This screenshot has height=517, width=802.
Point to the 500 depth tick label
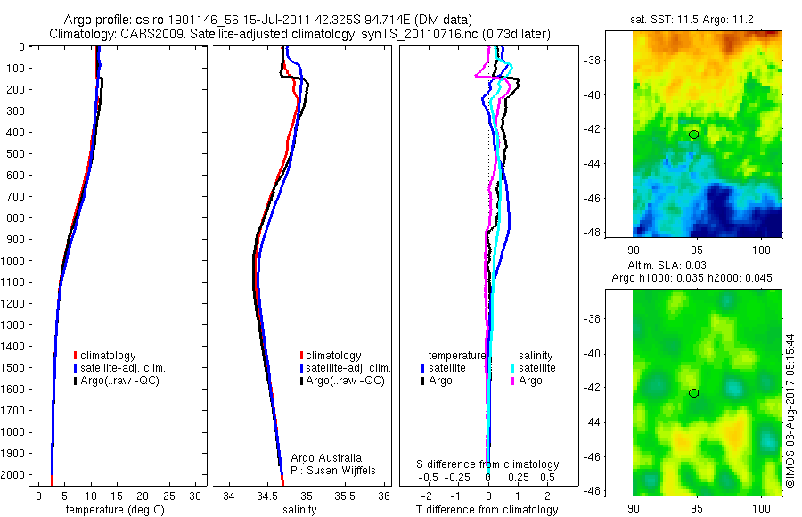(16, 154)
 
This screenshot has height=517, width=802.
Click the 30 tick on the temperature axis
(196, 496)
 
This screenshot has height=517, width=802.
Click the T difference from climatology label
(487, 510)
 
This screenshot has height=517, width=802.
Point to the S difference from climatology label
(488, 464)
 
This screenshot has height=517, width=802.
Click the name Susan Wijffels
(336, 470)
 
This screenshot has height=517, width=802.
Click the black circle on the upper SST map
(694, 135)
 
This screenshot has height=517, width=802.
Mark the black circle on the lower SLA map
(694, 393)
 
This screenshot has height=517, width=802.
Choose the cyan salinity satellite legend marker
(513, 368)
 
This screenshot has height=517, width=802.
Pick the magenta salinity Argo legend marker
(513, 381)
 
